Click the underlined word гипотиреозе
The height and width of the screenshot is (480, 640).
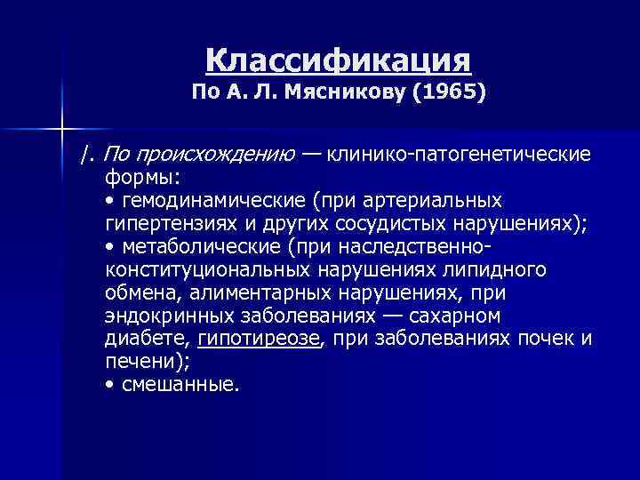tap(258, 340)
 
